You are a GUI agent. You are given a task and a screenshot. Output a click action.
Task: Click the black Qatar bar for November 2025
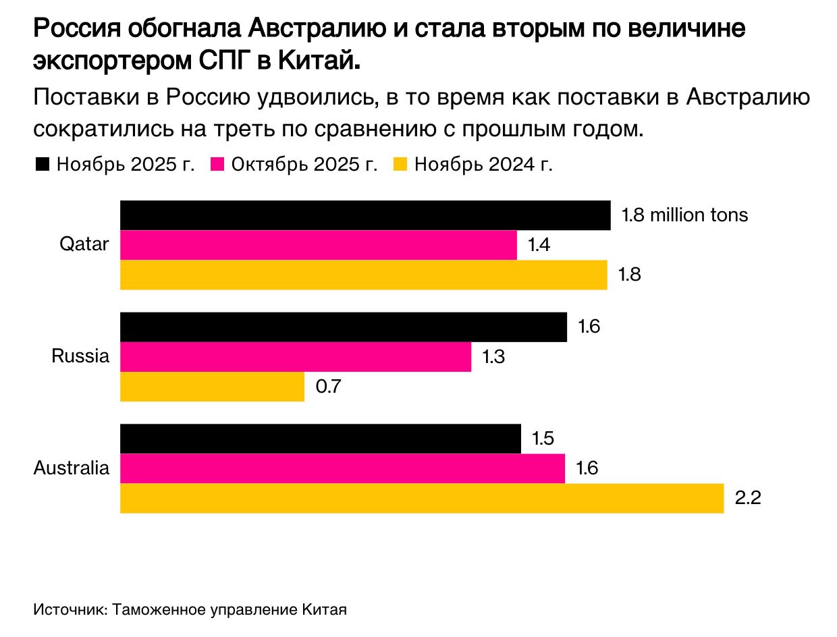(x=364, y=215)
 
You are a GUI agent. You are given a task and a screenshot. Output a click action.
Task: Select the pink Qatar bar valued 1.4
(x=318, y=245)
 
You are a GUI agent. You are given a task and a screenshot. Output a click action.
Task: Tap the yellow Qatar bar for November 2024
(x=363, y=275)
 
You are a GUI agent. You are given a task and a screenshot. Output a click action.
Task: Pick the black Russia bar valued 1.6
(x=343, y=327)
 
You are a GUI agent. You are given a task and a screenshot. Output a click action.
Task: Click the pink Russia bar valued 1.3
(x=295, y=357)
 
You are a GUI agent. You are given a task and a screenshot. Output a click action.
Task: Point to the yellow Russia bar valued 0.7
(x=212, y=387)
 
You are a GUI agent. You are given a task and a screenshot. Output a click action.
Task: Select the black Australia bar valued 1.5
(x=320, y=439)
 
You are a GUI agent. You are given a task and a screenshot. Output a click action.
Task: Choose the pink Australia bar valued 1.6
(x=342, y=469)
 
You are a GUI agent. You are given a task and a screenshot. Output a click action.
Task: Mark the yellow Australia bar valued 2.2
(x=421, y=499)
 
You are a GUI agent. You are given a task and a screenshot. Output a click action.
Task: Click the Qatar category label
(x=84, y=244)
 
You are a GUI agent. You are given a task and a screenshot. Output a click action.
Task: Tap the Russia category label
(x=80, y=356)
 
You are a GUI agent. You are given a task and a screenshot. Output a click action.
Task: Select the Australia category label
(x=71, y=468)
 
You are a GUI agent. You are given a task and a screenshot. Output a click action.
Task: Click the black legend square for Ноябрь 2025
(x=43, y=165)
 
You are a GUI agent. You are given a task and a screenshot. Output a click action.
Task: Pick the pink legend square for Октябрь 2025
(x=217, y=165)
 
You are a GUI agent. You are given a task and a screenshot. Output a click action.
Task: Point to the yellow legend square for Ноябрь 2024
(x=400, y=165)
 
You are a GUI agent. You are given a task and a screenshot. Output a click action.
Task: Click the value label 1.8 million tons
(x=684, y=215)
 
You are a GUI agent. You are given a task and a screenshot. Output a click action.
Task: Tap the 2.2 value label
(x=748, y=499)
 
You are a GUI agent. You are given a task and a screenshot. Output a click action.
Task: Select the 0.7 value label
(x=329, y=387)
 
